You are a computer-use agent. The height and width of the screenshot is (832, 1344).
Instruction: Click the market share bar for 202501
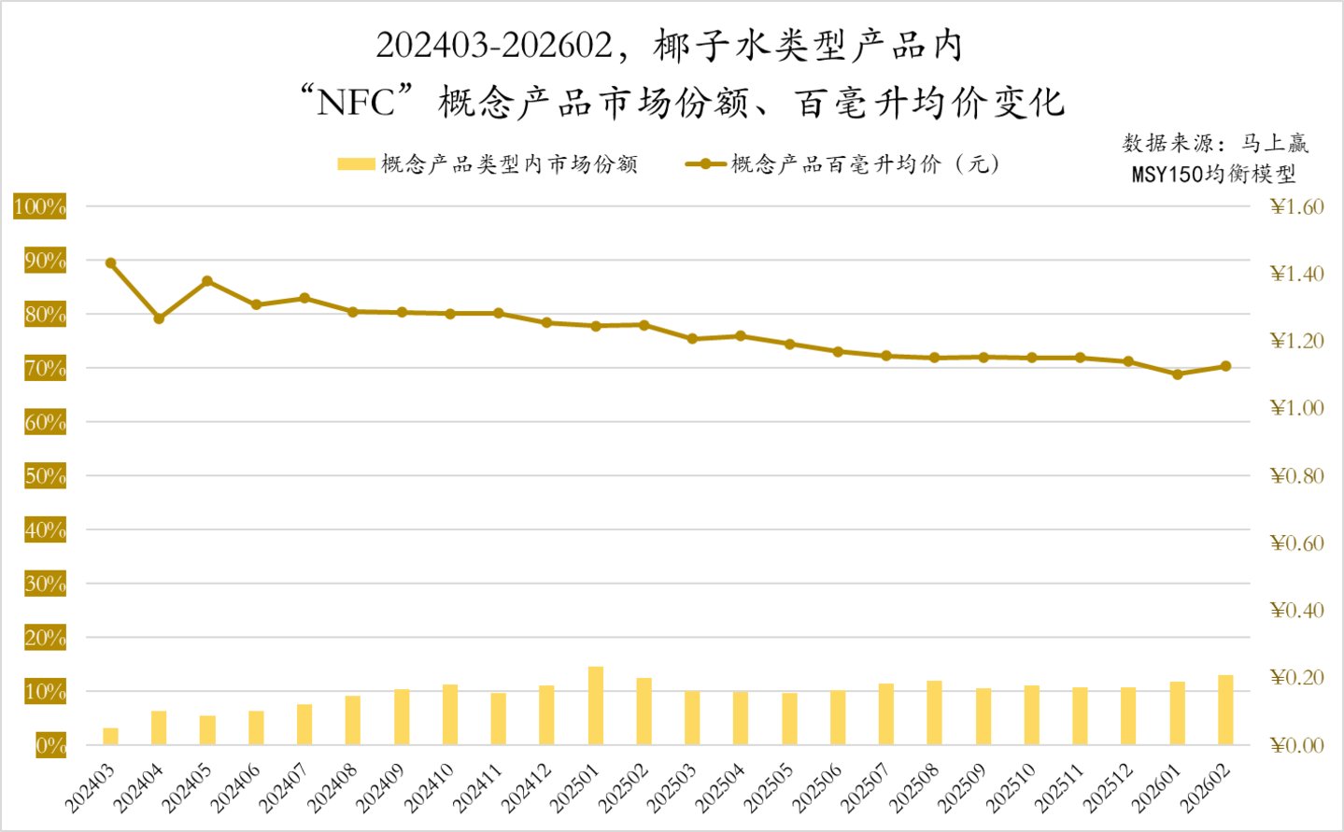[596, 706]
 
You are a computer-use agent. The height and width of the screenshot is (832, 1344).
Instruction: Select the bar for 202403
[110, 736]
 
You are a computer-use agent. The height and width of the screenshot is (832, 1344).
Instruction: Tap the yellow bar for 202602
[1225, 710]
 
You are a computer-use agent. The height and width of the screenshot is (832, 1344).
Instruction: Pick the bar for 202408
[353, 720]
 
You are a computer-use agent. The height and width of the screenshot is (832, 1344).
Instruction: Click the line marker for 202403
[110, 263]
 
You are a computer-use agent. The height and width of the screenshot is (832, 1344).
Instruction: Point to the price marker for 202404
[159, 318]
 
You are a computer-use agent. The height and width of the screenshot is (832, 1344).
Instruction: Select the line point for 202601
[1177, 374]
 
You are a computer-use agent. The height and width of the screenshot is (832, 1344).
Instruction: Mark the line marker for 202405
[207, 281]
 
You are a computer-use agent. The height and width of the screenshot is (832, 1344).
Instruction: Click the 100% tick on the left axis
[40, 206]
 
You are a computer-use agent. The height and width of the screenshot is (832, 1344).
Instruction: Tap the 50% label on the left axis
[45, 476]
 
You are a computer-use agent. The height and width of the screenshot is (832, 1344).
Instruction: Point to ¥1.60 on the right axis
[1297, 206]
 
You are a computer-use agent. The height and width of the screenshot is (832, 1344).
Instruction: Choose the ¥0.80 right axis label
[1297, 476]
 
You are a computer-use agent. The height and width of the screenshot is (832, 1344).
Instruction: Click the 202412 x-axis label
[529, 786]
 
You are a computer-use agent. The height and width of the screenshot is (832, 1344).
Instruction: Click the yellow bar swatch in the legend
[356, 164]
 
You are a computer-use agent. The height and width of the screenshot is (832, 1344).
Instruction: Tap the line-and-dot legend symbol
[705, 164]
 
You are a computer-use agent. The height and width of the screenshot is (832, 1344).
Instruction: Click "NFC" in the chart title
[356, 102]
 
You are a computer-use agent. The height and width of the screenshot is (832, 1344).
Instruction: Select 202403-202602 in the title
[494, 45]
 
